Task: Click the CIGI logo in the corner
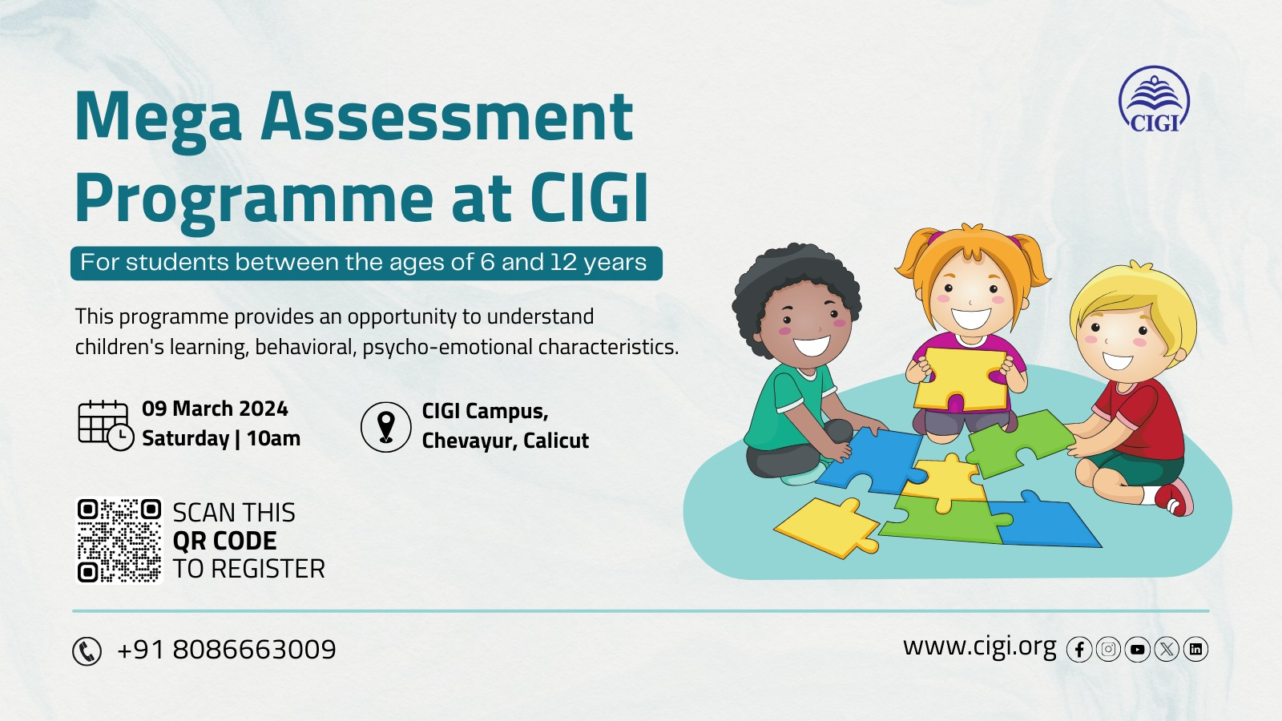point(1154,99)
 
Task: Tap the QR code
point(119,541)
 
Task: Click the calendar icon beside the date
point(106,425)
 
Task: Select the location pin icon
point(385,427)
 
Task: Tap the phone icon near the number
point(87,651)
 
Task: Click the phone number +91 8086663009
point(226,650)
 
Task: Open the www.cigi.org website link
point(979,647)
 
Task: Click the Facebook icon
point(1078,650)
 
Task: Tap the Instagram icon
point(1108,650)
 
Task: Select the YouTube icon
point(1137,650)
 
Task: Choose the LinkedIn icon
point(1195,650)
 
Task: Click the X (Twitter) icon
point(1167,650)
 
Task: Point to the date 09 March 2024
point(215,409)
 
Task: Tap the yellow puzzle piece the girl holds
point(961,379)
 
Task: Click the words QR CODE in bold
point(224,541)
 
